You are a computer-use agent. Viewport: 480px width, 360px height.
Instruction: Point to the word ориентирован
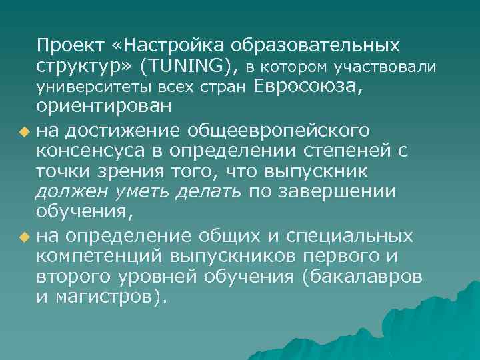pos(104,107)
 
